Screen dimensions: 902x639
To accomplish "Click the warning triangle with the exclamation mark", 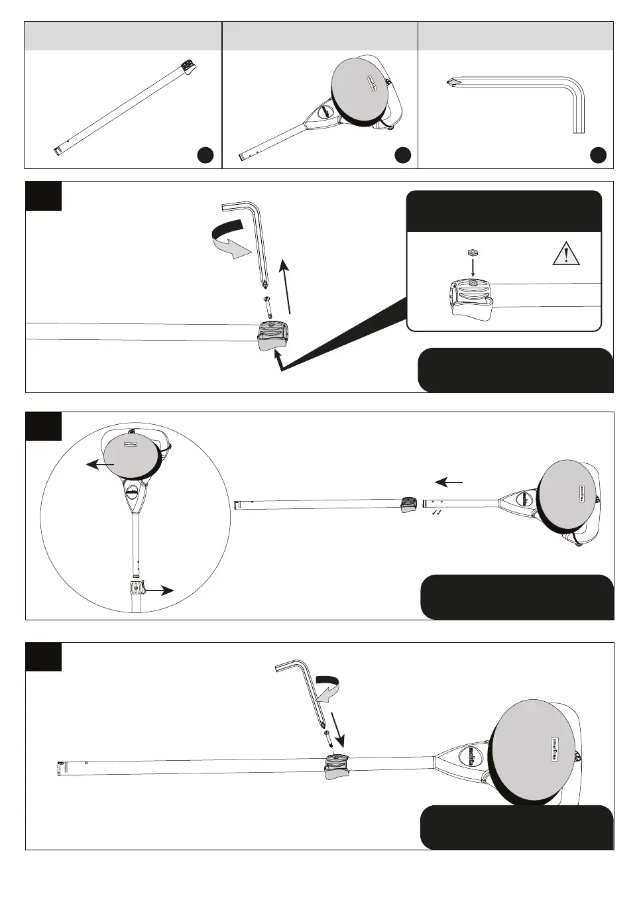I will pos(566,254).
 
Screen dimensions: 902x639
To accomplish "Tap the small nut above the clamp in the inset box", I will pos(473,253).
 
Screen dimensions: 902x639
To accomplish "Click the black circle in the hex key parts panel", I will pos(598,155).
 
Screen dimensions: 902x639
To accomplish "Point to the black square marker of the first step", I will pos(44,196).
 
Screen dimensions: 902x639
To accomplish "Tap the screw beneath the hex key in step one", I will pos(268,306).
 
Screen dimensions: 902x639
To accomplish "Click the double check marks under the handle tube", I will pos(436,513).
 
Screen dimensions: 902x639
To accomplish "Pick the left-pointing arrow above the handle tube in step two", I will pos(449,482).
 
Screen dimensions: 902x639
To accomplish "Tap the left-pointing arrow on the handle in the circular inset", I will pos(100,465).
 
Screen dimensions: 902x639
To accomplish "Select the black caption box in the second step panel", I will pos(517,597).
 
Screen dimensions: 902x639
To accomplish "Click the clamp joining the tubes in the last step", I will pos(337,766).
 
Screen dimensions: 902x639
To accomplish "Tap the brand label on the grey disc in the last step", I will pos(555,748).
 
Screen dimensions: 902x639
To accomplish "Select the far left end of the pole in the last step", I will pos(60,769).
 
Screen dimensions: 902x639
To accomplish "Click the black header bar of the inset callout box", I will pos(504,211).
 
